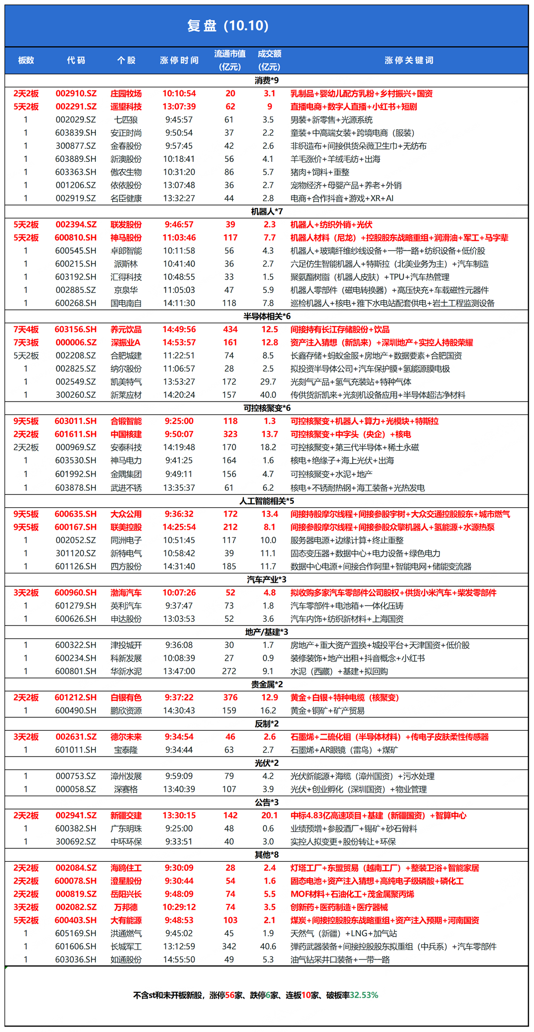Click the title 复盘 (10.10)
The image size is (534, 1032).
click(228, 26)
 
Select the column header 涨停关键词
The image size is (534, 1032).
click(408, 61)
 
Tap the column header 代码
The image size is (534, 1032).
click(76, 61)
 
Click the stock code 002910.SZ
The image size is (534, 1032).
click(76, 93)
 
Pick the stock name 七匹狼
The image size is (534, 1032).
click(126, 120)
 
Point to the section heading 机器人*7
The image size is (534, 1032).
click(267, 211)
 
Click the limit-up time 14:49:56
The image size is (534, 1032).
click(179, 330)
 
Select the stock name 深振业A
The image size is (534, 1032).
click(126, 343)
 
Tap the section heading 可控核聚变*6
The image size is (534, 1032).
click(267, 408)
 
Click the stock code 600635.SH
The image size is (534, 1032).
click(76, 514)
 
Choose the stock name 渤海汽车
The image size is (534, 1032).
click(126, 593)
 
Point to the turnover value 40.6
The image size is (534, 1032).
click(268, 947)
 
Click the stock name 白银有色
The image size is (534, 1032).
click(126, 697)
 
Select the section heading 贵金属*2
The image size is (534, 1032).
click(267, 685)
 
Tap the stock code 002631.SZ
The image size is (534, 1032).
click(76, 737)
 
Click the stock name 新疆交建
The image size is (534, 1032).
click(126, 816)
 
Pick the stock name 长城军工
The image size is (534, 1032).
click(126, 947)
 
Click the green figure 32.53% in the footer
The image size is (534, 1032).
click(364, 995)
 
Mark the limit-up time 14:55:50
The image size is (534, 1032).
click(179, 960)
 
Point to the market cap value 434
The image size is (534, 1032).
click(230, 330)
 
